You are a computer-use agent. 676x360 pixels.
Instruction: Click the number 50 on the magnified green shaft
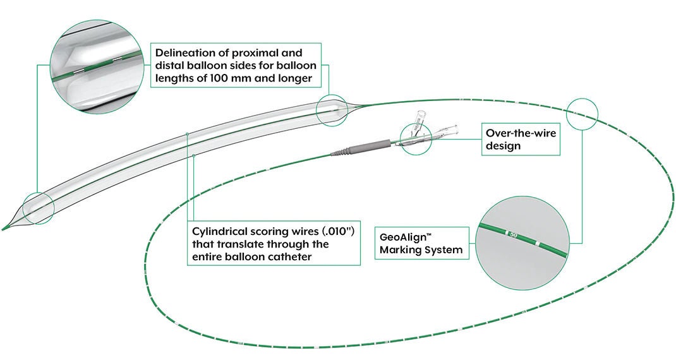(x=514, y=235)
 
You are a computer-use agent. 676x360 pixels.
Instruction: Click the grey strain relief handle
(x=366, y=147)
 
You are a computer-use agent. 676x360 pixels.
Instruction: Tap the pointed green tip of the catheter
(x=6, y=227)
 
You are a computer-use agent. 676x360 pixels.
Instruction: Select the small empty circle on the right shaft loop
(x=582, y=113)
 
